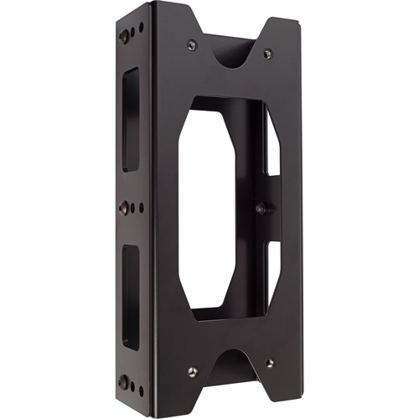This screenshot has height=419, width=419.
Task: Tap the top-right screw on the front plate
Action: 267,54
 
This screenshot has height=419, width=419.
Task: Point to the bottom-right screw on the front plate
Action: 269,363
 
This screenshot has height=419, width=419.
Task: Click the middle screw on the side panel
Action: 125,208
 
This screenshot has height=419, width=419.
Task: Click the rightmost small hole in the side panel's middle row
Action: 142,207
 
